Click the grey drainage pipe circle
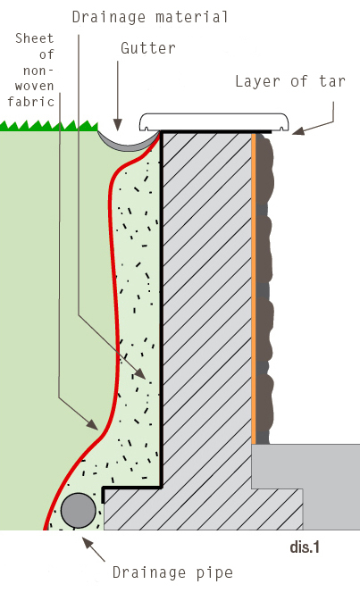79,511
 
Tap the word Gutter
148,48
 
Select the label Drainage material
150,17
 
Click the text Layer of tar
290,81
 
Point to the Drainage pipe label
172,572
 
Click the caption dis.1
305,547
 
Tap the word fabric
31,102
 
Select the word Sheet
35,38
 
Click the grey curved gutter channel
128,145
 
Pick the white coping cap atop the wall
213,121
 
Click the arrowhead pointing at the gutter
118,125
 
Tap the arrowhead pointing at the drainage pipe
88,543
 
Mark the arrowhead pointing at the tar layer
298,130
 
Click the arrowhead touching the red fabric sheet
92,424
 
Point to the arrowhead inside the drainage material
140,373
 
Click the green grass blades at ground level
49,126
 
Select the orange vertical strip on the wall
254,288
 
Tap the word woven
35,86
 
